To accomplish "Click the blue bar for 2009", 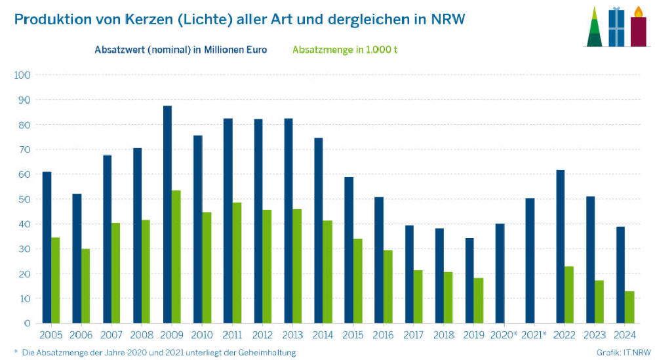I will coord(167,214).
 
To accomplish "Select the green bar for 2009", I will coord(176,257).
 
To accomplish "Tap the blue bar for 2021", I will coord(530,260).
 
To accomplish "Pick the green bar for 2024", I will coord(629,307).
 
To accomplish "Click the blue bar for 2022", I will coord(560,247).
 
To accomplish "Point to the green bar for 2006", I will coord(85,286).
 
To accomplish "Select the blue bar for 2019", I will coord(469,281).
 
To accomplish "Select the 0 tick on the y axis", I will coord(27,323).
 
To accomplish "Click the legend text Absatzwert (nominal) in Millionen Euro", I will coord(180,50).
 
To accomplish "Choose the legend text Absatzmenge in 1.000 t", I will coord(345,50).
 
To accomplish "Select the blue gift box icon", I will coord(616,28).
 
